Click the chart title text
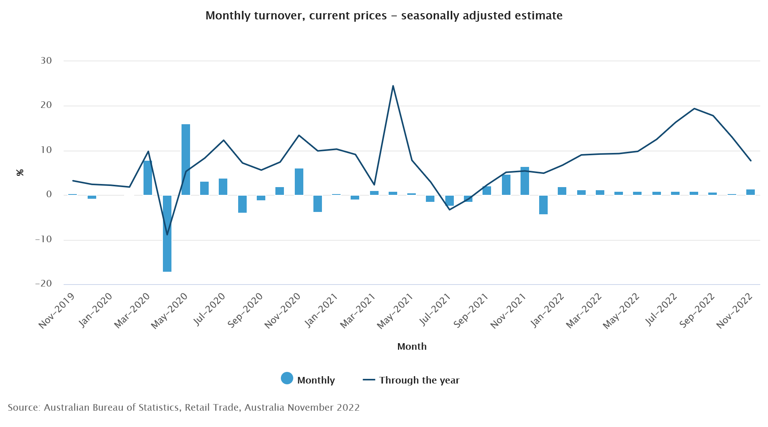(x=384, y=16)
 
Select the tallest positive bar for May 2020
(x=186, y=159)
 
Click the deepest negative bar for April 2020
(x=167, y=233)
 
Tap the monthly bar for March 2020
(x=148, y=178)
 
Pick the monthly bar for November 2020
(x=299, y=181)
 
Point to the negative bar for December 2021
(x=543, y=205)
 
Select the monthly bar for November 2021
(x=525, y=181)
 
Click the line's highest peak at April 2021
(x=393, y=86)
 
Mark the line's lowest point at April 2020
(x=167, y=234)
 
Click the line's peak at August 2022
(x=694, y=109)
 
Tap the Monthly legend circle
(x=287, y=378)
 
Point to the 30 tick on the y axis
(x=46, y=61)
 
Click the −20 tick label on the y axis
(x=43, y=283)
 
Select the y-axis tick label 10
(x=46, y=150)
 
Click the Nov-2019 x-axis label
(x=57, y=311)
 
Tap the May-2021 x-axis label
(x=395, y=311)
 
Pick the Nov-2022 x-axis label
(x=734, y=311)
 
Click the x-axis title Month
(x=412, y=346)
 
